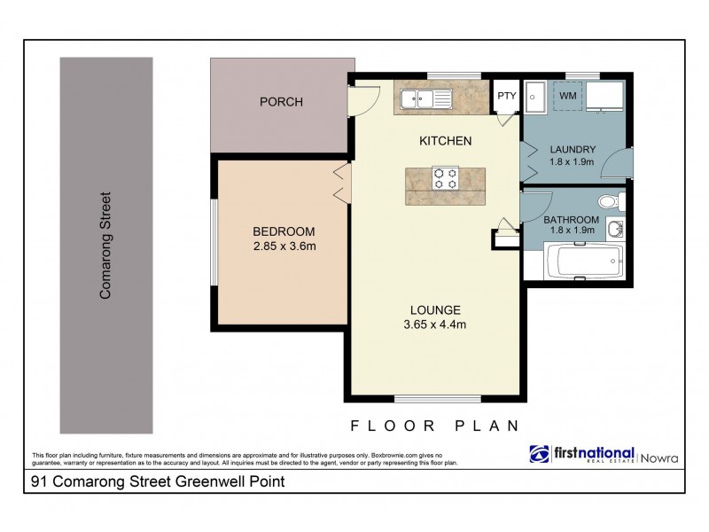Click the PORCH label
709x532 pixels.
pos(281,102)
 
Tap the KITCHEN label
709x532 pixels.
pos(445,141)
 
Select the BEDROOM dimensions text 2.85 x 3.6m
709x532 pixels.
pos(284,246)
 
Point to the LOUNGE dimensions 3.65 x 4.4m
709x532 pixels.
pos(434,324)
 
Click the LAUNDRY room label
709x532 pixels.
pos(572,149)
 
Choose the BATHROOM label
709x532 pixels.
pos(571,220)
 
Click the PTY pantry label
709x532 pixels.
pos(506,96)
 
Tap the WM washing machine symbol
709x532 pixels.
pos(567,93)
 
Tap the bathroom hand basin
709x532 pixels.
pos(618,231)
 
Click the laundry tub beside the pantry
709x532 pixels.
pos(535,96)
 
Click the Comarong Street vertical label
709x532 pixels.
pos(105,245)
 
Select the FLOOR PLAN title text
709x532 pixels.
pos(434,425)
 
